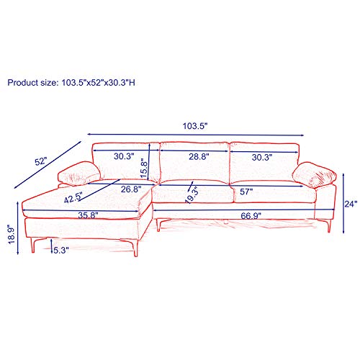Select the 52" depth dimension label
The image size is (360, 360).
click(x=49, y=162)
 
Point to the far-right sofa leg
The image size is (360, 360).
click(x=328, y=224)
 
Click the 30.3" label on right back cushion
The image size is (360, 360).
click(x=261, y=156)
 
